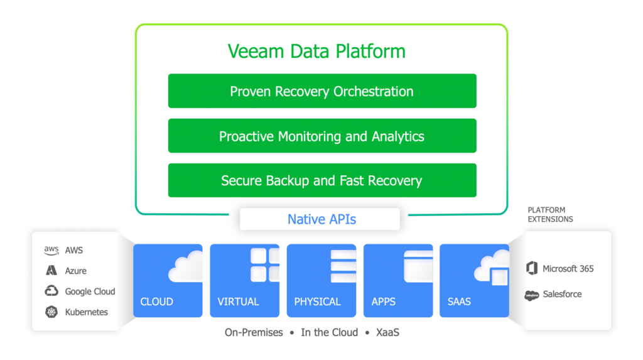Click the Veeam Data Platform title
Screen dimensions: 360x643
pos(316,51)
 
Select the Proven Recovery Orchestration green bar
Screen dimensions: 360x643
pos(321,91)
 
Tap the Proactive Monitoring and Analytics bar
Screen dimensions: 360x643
pos(321,136)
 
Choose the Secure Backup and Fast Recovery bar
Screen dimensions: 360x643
pos(321,180)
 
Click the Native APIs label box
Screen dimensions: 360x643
pos(321,219)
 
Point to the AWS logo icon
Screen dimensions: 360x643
pos(51,250)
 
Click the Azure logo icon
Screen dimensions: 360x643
pos(51,271)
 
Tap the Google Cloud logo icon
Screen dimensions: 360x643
pos(51,291)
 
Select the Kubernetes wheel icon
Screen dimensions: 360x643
pos(51,312)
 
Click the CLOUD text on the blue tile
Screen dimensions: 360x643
pos(157,302)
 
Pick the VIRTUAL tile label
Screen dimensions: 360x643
pos(238,302)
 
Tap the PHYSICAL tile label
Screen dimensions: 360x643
pos(317,302)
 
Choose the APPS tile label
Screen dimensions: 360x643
pos(384,302)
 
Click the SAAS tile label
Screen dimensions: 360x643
pos(459,302)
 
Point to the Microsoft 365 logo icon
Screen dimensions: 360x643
pos(532,268)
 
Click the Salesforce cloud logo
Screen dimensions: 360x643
pos(532,295)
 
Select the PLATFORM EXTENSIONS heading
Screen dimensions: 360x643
pos(550,214)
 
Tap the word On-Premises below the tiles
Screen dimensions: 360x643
pos(254,332)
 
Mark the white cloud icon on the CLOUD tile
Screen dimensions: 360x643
pos(186,267)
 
